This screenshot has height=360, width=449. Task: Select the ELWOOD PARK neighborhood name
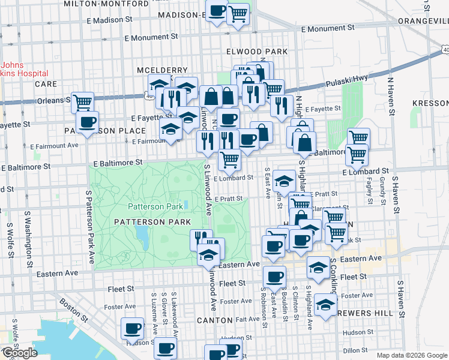pos(257,52)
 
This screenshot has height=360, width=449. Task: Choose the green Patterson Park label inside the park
pos(154,207)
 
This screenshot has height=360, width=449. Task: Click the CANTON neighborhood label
pos(215,320)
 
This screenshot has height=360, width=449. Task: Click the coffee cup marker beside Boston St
pos(132,328)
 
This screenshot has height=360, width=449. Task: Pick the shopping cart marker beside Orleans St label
pos(82,102)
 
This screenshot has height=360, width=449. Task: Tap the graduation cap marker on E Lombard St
pos(284,180)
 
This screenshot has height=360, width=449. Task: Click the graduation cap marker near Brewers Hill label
pos(325,306)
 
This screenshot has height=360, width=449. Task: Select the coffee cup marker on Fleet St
pos(274,277)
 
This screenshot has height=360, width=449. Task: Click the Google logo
pos(19,353)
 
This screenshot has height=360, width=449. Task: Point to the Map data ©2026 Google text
pos(412,355)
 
